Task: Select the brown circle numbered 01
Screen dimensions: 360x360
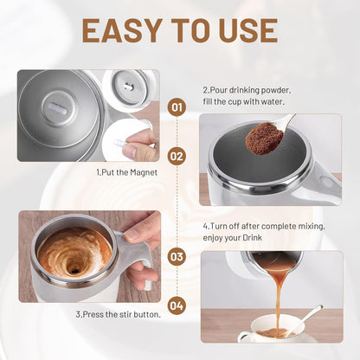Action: [177, 107]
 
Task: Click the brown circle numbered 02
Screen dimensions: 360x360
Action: [177, 156]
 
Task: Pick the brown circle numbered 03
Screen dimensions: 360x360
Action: [177, 256]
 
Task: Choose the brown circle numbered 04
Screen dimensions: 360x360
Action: [177, 305]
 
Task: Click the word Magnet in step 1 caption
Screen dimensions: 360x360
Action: [144, 173]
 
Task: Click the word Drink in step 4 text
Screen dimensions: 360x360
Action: [252, 238]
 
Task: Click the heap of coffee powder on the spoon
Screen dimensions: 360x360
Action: [264, 138]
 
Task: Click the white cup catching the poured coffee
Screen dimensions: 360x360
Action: [270, 329]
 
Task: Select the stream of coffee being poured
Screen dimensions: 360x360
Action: [278, 297]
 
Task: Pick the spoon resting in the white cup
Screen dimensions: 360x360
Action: [305, 318]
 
